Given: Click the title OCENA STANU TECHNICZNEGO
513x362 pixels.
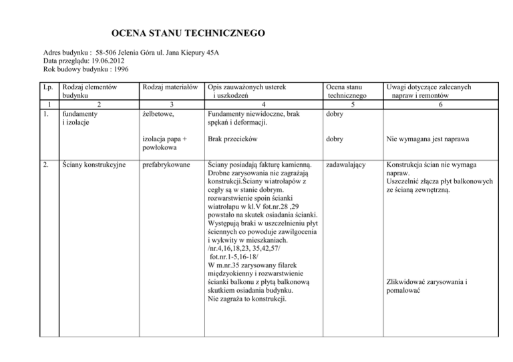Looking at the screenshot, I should click(188, 33).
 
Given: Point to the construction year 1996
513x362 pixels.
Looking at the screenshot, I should click(118, 69).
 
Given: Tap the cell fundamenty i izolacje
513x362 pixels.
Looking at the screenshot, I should click(77, 119).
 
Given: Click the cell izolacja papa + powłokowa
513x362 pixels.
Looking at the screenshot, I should click(165, 145).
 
